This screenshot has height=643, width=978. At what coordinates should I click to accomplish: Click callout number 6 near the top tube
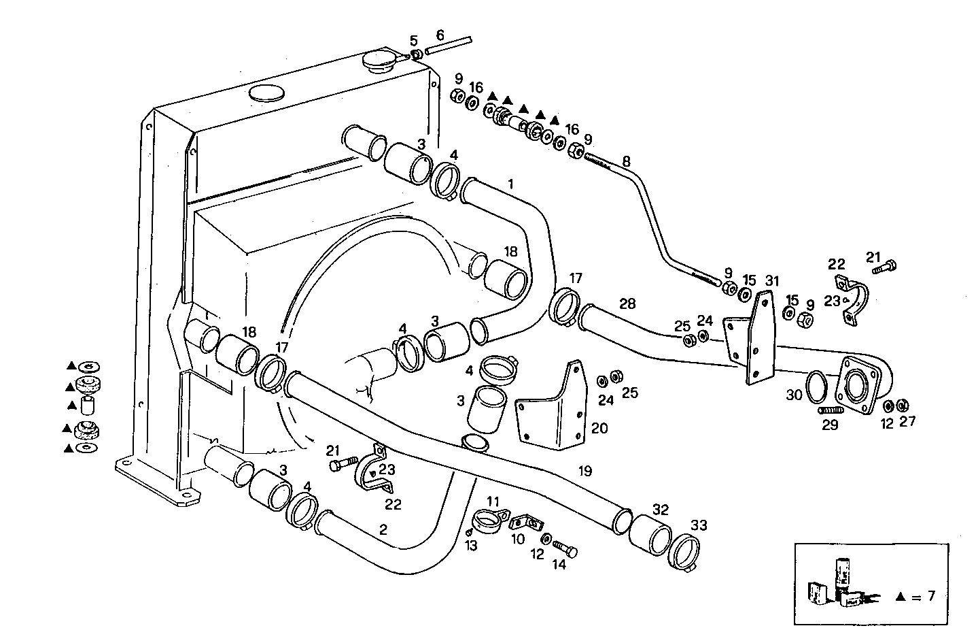pyautogui.click(x=440, y=35)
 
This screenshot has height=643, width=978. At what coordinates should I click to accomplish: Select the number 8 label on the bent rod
pyautogui.click(x=626, y=162)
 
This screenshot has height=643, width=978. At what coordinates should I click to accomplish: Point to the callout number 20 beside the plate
pyautogui.click(x=599, y=428)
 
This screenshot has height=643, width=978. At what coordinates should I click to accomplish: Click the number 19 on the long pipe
pyautogui.click(x=585, y=470)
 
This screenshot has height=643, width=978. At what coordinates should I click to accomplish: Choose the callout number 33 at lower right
pyautogui.click(x=698, y=525)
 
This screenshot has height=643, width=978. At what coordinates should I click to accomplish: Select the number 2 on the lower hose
pyautogui.click(x=383, y=529)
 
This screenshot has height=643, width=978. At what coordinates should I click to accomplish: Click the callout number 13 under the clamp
pyautogui.click(x=471, y=546)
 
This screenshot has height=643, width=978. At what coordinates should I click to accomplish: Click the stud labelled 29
pyautogui.click(x=831, y=411)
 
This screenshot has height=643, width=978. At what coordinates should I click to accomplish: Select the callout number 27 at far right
pyautogui.click(x=908, y=422)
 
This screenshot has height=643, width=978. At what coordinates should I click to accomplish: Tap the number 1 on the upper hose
pyautogui.click(x=510, y=184)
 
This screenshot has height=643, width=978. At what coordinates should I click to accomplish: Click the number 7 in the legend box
pyautogui.click(x=930, y=596)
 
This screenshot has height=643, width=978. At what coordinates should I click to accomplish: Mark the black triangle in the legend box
pyautogui.click(x=900, y=597)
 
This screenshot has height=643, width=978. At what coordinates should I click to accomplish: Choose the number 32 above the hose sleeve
pyautogui.click(x=660, y=509)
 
